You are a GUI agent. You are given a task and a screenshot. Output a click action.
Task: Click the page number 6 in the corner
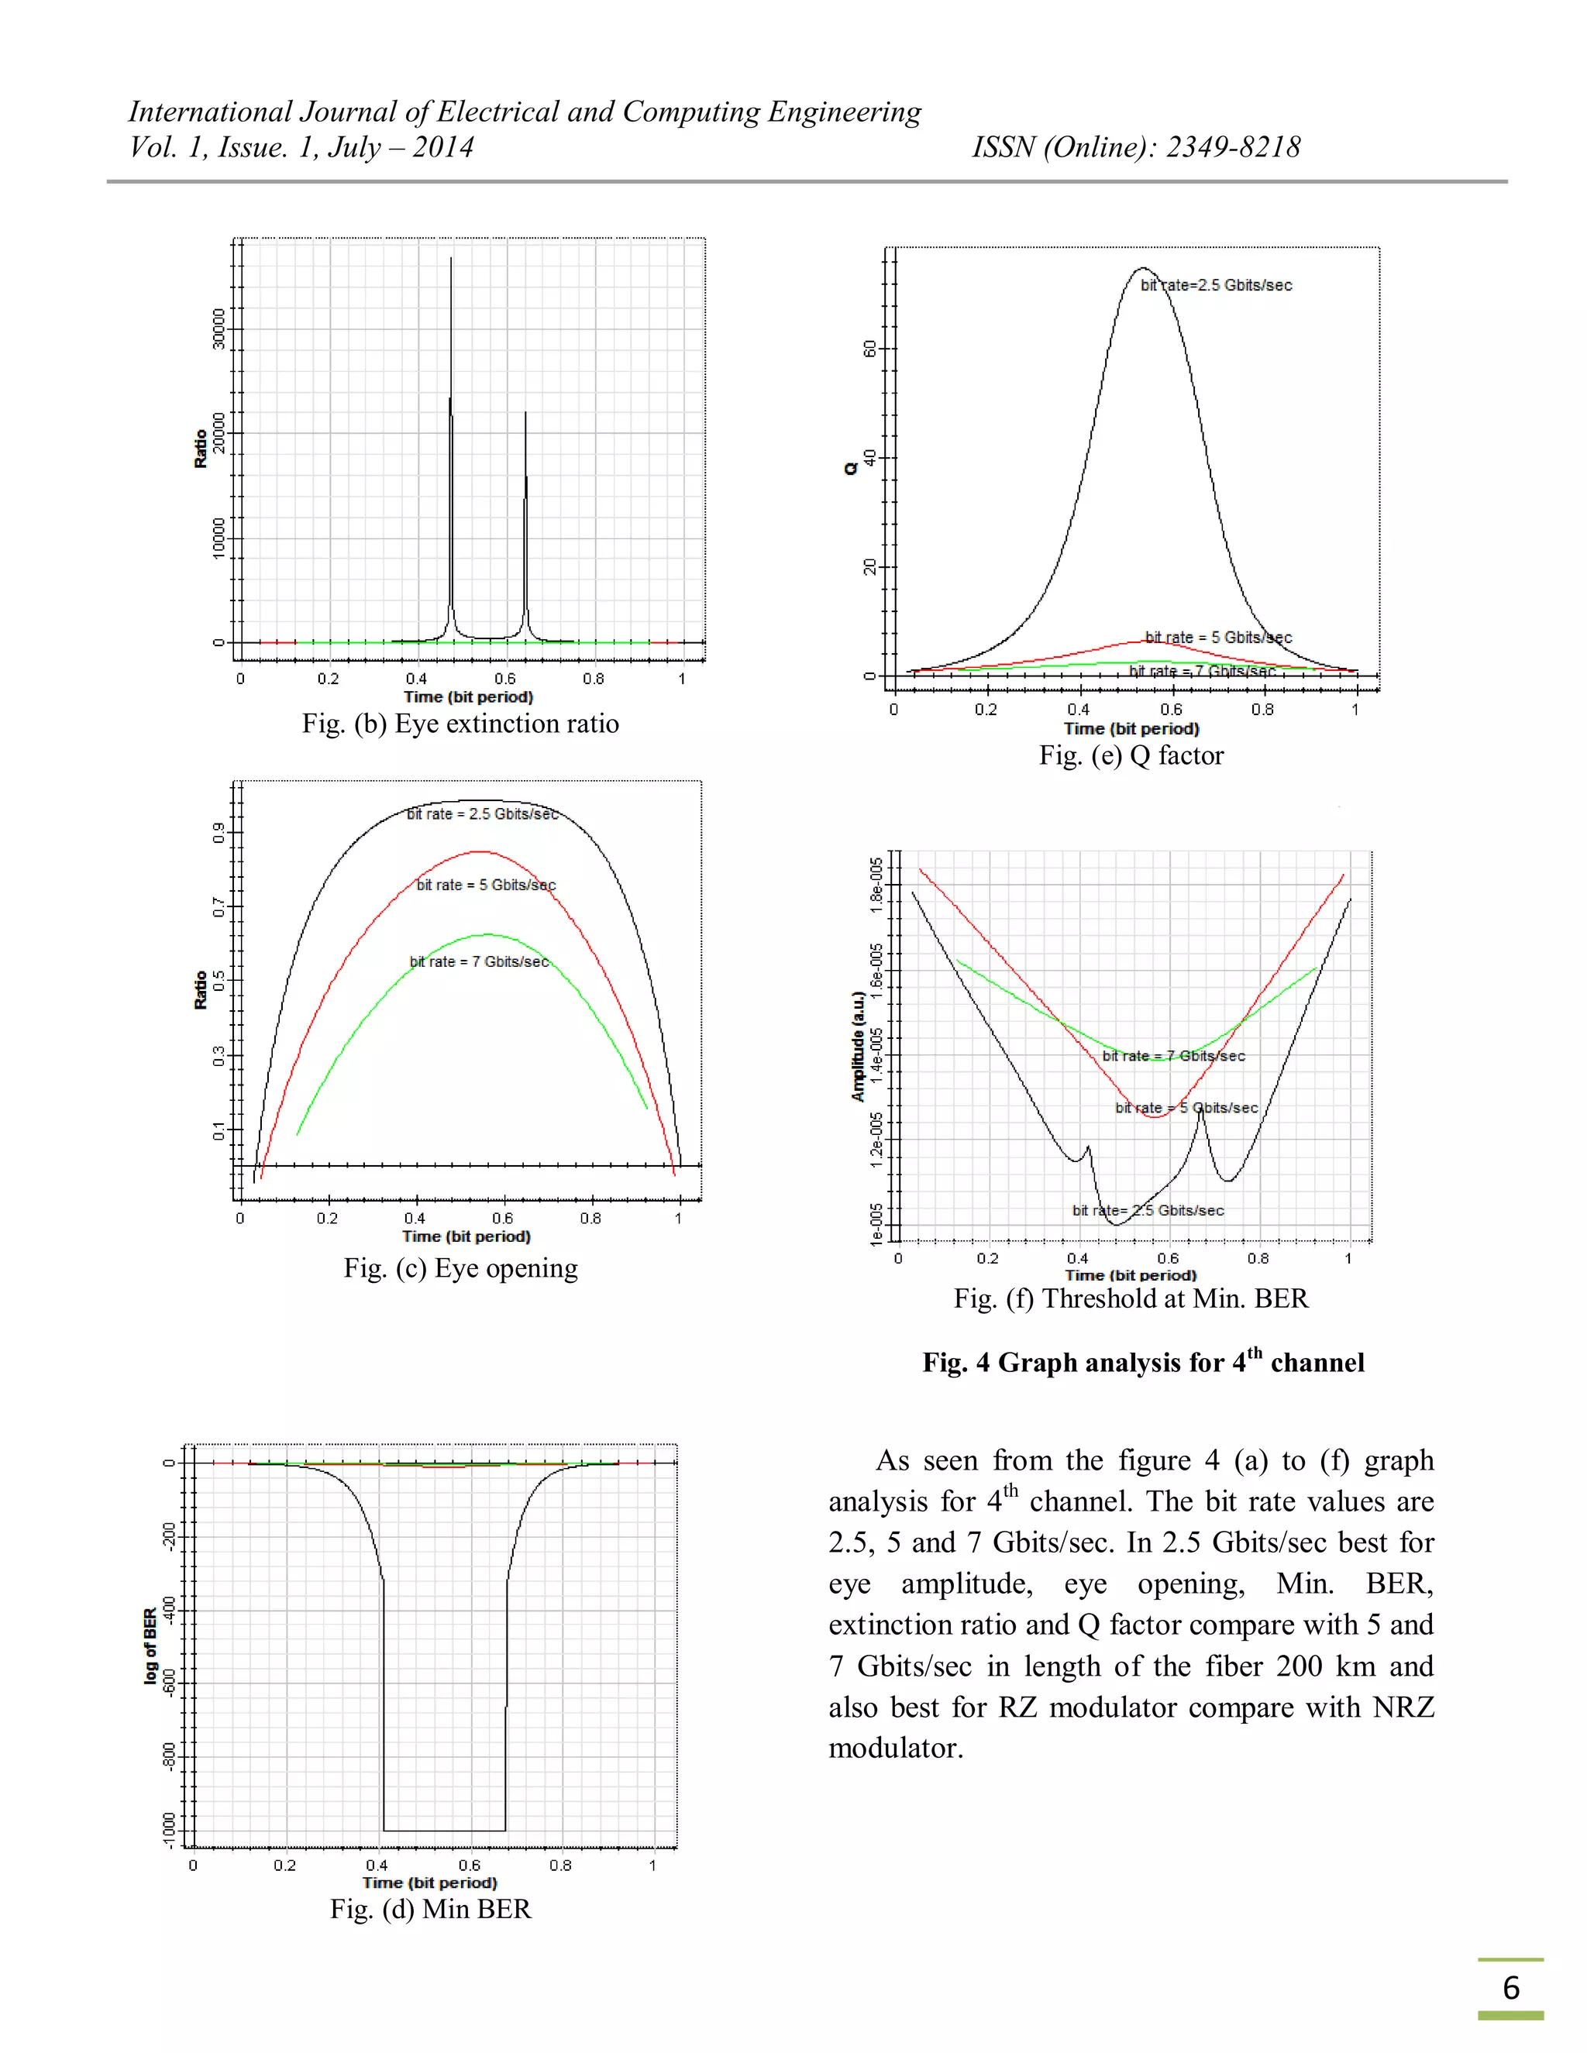[1510, 1987]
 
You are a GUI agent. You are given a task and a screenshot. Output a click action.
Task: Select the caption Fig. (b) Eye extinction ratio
[460, 724]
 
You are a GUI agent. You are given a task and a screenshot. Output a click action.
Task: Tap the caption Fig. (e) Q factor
[1131, 756]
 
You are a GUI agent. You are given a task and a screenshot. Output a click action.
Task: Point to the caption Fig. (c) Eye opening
[460, 1268]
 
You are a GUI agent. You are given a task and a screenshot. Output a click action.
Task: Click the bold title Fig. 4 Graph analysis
[1142, 1362]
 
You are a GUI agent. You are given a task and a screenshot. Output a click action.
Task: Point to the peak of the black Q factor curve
[1141, 268]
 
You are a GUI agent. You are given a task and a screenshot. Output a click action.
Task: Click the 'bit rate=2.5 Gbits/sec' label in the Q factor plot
[1217, 285]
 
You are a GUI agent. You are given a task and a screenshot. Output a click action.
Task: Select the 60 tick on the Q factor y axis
[869, 349]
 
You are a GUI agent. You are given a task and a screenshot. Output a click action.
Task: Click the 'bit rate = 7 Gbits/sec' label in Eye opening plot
[479, 961]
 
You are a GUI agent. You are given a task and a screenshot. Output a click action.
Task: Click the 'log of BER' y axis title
[150, 1646]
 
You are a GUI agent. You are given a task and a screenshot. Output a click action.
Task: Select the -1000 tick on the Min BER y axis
[169, 1829]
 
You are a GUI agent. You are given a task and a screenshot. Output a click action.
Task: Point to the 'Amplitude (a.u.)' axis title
[858, 1046]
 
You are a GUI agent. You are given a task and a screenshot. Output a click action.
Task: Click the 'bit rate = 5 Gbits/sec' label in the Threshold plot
[1186, 1107]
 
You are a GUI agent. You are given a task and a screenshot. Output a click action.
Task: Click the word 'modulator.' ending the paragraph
[896, 1749]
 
